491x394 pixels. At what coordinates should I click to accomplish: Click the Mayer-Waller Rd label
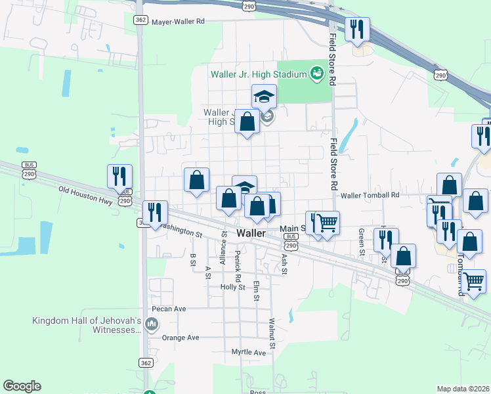click(178, 21)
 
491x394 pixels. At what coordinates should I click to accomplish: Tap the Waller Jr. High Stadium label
click(259, 74)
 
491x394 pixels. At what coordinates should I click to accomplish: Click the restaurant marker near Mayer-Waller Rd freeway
click(357, 30)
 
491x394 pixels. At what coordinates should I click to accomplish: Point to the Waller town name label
click(251, 233)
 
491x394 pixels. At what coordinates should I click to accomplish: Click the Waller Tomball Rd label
click(370, 195)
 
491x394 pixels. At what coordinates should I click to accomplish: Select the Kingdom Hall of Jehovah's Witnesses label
click(87, 325)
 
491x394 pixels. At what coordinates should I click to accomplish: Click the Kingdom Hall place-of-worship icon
click(152, 323)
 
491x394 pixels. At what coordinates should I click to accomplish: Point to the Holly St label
click(232, 287)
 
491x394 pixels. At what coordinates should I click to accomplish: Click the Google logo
click(22, 386)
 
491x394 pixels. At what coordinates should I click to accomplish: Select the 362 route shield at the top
click(139, 20)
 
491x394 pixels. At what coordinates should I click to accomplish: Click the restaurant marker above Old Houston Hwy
click(119, 177)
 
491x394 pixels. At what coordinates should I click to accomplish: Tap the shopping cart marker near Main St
click(326, 223)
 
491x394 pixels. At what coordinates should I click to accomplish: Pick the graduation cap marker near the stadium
click(264, 97)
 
